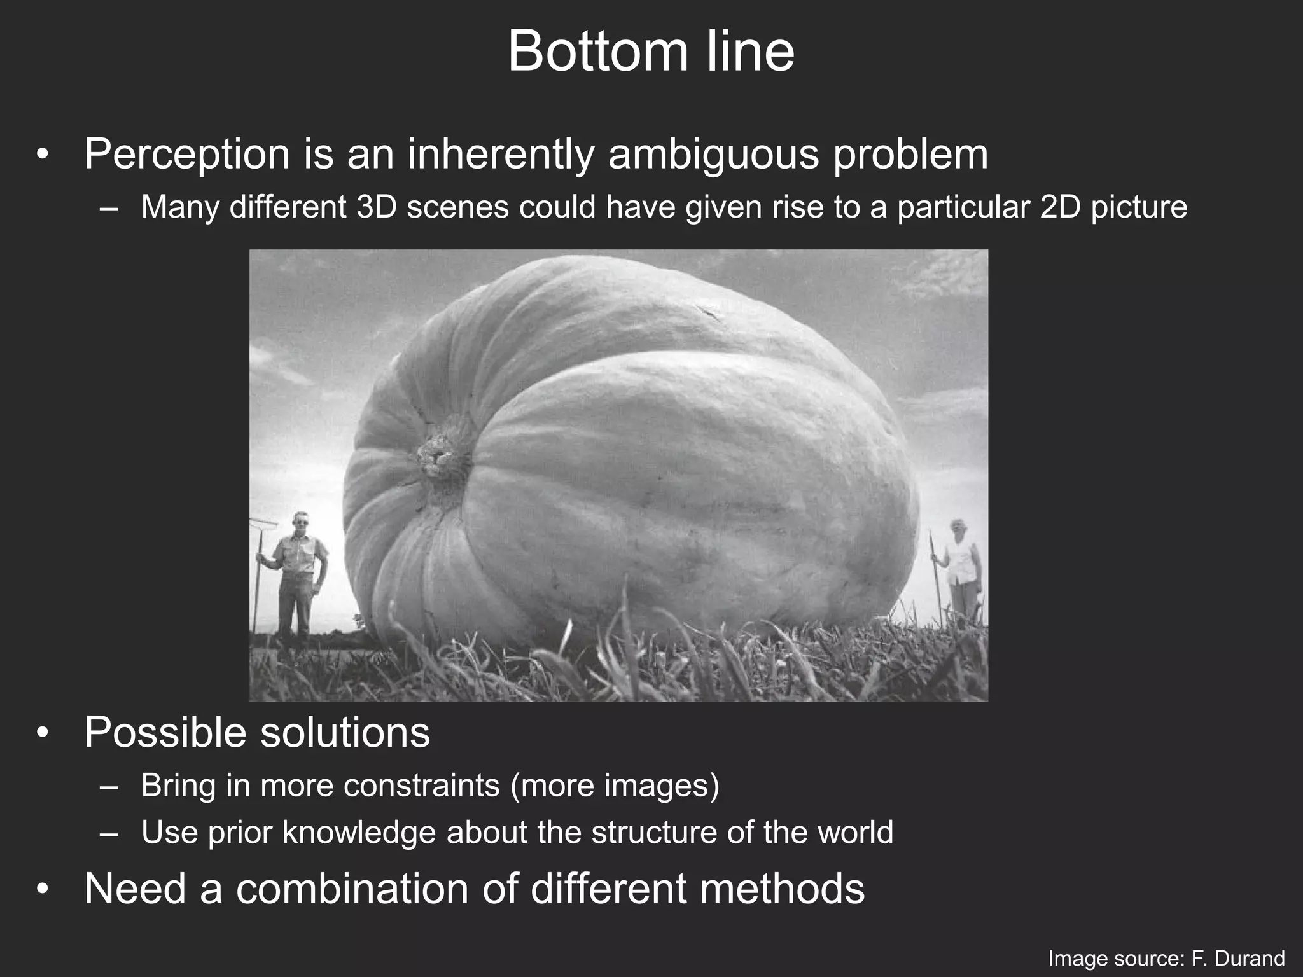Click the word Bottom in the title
(x=597, y=52)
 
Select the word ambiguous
(x=713, y=155)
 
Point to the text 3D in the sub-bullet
(x=376, y=207)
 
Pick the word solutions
(x=345, y=733)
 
